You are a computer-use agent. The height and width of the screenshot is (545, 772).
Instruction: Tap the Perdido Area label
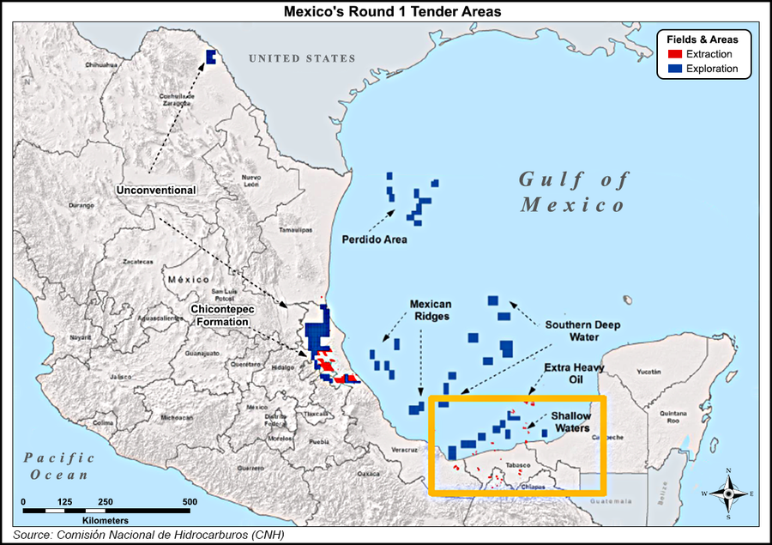(374, 239)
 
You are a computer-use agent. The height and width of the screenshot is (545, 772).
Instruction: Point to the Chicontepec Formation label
(220, 314)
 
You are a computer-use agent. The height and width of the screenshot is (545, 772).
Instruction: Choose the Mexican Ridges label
(430, 311)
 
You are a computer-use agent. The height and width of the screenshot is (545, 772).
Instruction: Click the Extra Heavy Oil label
(575, 373)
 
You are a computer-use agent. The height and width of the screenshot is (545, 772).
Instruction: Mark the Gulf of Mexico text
(573, 192)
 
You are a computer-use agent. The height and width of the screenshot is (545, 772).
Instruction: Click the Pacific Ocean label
(58, 466)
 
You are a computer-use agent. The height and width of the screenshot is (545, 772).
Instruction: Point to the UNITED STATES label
(302, 58)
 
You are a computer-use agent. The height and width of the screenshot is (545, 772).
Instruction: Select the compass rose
(727, 494)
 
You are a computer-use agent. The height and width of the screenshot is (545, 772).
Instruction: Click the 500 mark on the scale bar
(190, 501)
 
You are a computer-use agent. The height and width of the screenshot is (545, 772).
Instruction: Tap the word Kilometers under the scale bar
(106, 521)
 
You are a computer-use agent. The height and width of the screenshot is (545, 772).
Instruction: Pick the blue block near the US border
(211, 58)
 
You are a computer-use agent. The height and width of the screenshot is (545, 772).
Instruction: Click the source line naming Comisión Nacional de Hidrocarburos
(148, 535)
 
